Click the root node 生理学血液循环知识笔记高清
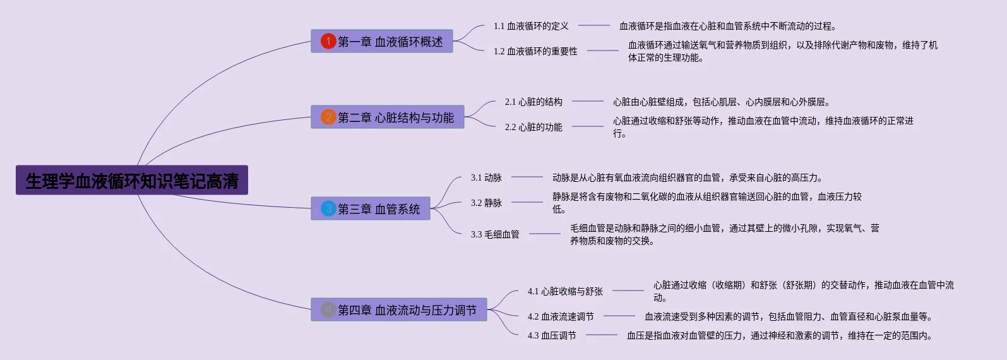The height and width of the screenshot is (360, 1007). click(x=132, y=181)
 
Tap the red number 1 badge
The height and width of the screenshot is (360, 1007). click(x=328, y=41)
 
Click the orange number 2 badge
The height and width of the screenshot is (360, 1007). click(x=328, y=117)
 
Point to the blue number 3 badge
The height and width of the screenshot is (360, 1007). click(x=328, y=208)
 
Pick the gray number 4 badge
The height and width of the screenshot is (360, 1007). click(x=328, y=309)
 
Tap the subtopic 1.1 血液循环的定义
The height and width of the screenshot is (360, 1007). click(x=531, y=26)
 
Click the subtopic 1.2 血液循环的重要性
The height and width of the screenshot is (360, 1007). click(x=535, y=51)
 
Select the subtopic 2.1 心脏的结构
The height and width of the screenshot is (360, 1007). click(x=533, y=102)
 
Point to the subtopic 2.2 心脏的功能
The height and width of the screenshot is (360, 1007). click(x=533, y=127)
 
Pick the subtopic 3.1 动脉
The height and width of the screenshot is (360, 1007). click(x=486, y=177)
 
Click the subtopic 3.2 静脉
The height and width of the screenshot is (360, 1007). click(x=486, y=203)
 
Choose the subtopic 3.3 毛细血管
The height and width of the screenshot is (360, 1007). click(x=495, y=234)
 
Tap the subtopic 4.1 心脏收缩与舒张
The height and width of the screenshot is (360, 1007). click(x=565, y=291)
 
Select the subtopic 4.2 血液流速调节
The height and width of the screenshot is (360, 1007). click(x=561, y=316)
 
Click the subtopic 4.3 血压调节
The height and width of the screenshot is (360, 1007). click(x=552, y=335)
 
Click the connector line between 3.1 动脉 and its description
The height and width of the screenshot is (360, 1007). click(x=527, y=177)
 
